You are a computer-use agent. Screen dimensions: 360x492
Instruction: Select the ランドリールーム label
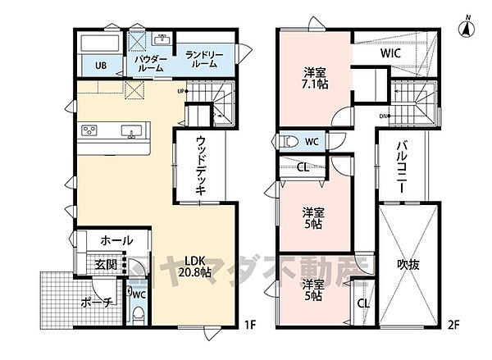200,59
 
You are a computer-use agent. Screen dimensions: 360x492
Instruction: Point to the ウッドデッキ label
200,165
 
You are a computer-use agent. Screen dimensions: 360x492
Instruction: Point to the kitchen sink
130,131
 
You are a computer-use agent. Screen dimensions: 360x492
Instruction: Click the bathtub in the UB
100,43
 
